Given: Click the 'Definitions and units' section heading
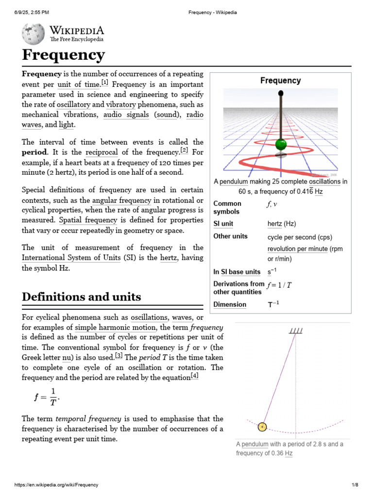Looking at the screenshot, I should (82, 297).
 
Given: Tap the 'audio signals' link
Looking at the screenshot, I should (126, 115).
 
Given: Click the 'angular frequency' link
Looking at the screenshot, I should (122, 200).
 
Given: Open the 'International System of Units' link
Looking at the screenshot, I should (71, 258).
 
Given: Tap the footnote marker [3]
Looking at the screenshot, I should (119, 356).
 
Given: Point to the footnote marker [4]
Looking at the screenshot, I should (194, 376).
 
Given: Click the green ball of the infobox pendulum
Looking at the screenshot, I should (281, 145).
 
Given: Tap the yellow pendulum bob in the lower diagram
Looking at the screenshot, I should (262, 427).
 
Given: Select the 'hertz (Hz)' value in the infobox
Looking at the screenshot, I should (282, 224).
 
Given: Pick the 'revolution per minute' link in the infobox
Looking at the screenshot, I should (298, 249).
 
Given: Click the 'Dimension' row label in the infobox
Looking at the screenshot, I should (230, 305).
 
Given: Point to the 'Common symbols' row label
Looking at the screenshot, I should (227, 208).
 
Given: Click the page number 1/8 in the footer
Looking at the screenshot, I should (355, 485).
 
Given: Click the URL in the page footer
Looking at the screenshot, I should (56, 485).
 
